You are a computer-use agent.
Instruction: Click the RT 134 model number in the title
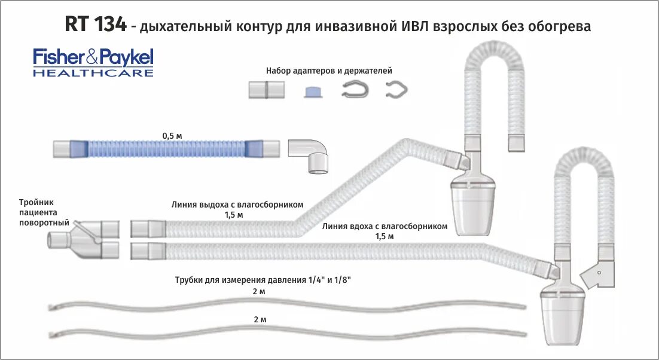pos(95,25)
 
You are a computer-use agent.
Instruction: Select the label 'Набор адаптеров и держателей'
pos(329,71)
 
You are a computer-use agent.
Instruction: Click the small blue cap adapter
pos(313,91)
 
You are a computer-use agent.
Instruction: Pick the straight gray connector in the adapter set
pos(267,90)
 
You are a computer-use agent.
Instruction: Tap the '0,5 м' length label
pos(172,136)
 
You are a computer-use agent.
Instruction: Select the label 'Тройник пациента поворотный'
pos(38,212)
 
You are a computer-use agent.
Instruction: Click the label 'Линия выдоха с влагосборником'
pos(237,205)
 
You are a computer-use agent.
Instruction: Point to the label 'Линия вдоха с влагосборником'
pos(385,227)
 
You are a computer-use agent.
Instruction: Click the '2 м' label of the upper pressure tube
pos(259,291)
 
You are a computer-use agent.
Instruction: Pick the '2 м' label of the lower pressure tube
pos(260,319)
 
